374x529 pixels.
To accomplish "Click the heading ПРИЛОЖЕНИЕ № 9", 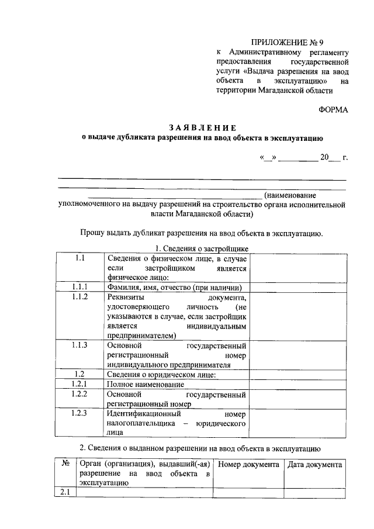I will [286, 42].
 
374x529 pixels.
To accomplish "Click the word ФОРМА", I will [333, 109].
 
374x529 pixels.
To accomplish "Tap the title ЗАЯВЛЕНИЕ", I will [202, 127].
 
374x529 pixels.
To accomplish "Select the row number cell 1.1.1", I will [80, 287].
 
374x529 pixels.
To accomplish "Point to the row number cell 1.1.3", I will [80, 345].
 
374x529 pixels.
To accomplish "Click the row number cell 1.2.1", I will [80, 384].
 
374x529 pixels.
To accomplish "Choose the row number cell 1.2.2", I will [80, 395].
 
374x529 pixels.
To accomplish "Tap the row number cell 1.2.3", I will [80, 413].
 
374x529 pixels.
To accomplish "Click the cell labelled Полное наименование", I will [146, 385].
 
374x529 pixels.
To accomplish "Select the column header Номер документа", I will [248, 464].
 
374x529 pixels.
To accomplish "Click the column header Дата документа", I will [314, 464].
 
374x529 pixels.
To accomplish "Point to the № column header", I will [65, 464].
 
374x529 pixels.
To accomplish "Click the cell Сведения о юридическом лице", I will [162, 374].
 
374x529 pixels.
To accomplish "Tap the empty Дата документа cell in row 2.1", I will [314, 493].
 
